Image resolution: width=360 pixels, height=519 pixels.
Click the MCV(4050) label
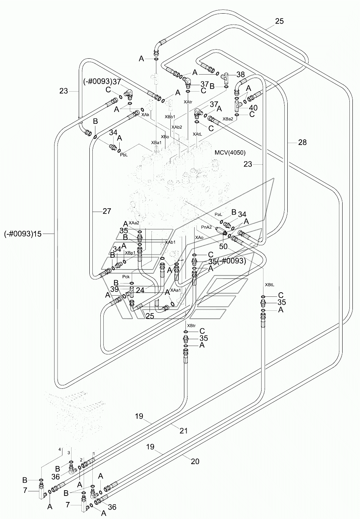(x=230, y=153)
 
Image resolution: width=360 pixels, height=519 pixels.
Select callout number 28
(x=302, y=142)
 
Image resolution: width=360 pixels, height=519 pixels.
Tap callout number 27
(x=107, y=211)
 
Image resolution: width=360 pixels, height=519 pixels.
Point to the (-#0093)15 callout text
(x=23, y=234)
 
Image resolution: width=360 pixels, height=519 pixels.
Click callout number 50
(x=223, y=246)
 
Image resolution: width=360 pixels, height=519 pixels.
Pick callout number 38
(x=240, y=74)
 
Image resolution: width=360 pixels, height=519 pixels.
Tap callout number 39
(x=114, y=289)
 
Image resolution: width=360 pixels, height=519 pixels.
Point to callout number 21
(x=184, y=431)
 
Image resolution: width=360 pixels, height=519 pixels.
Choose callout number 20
(x=195, y=461)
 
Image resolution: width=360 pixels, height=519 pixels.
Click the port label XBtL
(x=270, y=285)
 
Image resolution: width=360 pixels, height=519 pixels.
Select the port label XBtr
(x=191, y=326)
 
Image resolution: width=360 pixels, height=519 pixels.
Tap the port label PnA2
(x=207, y=227)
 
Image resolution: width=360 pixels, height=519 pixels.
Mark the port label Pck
(x=126, y=277)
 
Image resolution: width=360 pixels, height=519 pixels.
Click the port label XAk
(x=145, y=115)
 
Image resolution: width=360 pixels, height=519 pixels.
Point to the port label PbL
(x=124, y=155)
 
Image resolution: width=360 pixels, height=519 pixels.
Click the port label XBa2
(x=228, y=119)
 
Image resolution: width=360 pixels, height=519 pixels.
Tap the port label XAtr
(x=188, y=102)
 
